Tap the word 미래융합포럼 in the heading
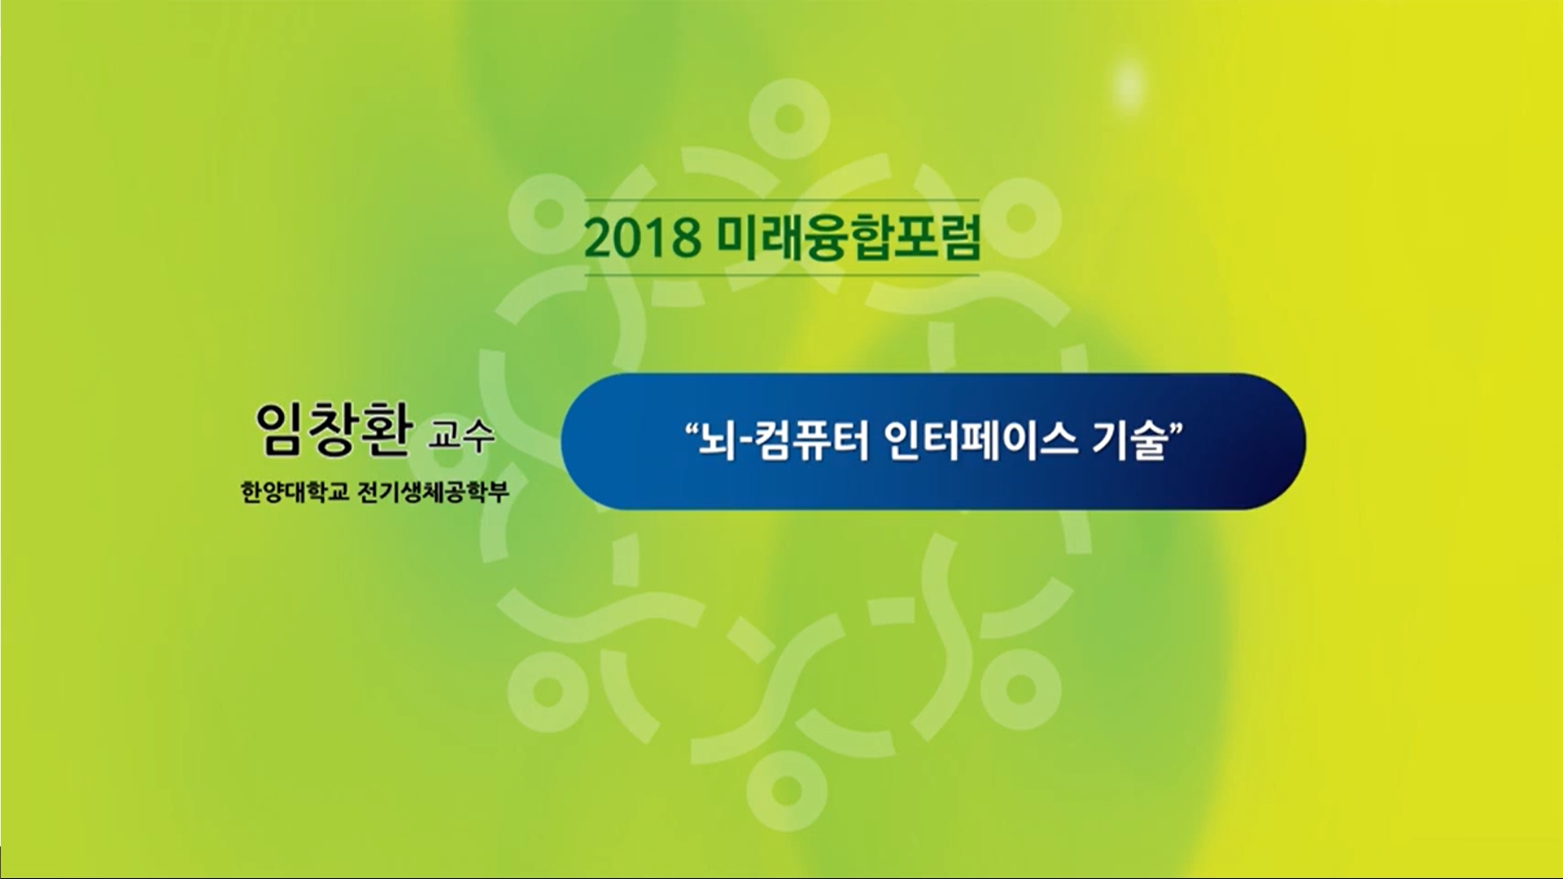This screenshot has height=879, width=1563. [x=849, y=237]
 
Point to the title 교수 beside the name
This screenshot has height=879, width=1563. [x=461, y=436]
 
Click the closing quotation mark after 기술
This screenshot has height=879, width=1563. [x=1177, y=429]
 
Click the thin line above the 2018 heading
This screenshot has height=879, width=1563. [x=782, y=200]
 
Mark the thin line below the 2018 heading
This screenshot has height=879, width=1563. [x=782, y=275]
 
